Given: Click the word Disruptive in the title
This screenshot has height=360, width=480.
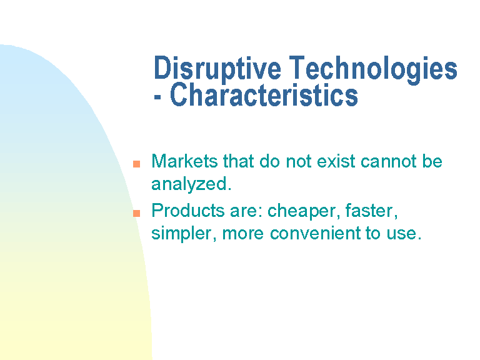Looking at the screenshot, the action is (x=217, y=69).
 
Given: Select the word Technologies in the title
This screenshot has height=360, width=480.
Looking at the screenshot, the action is (x=373, y=69).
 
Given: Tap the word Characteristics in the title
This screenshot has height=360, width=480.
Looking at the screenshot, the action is (x=264, y=95).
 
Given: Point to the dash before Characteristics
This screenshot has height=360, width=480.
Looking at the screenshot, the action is (x=157, y=97).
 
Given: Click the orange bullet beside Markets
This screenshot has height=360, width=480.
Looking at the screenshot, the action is (x=136, y=164).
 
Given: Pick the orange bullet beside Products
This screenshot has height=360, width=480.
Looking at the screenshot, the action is (x=136, y=213).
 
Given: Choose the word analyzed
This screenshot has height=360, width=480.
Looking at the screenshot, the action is (x=191, y=184).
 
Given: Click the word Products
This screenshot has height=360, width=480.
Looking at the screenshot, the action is (x=188, y=211).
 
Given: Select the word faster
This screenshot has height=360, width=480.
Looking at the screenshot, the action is (x=372, y=211).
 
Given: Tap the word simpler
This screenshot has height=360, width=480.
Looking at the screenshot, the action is (x=184, y=234).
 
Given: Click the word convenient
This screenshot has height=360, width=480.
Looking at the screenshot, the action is (x=315, y=233).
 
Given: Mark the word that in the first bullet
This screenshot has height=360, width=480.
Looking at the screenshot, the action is (x=239, y=161).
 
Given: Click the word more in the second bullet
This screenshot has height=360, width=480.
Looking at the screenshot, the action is (x=242, y=234).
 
